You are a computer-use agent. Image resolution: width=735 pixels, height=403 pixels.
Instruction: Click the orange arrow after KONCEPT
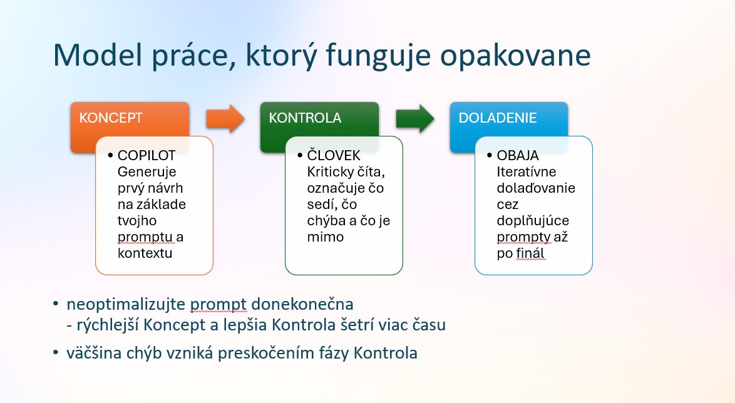coord(225,118)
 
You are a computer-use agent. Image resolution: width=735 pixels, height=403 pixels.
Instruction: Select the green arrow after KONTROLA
coord(415,118)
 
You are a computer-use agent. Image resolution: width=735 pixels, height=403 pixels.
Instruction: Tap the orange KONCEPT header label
coord(111,118)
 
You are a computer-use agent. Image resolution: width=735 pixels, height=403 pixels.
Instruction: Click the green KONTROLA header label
coord(305,118)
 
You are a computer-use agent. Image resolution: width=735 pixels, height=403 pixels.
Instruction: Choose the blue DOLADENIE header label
coord(498,118)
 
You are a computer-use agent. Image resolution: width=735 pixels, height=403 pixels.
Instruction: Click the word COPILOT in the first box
coord(146,155)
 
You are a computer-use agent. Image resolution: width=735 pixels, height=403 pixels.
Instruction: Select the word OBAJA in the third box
coord(518,155)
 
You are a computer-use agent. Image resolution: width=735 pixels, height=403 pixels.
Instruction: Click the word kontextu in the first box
coord(145,253)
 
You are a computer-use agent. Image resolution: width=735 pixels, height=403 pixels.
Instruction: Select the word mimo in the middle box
coord(326,237)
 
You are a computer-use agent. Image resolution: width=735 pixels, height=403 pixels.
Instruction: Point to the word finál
coord(530,253)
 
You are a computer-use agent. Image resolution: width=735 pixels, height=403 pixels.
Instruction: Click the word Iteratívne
coord(527,171)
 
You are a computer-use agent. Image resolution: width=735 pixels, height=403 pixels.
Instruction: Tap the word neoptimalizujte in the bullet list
coord(126,305)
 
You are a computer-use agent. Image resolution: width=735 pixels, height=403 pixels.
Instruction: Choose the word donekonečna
coord(302,304)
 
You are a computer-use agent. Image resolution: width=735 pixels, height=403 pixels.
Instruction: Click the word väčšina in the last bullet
coord(94,353)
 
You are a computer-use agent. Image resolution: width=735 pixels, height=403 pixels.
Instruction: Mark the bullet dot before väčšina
coord(56,352)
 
